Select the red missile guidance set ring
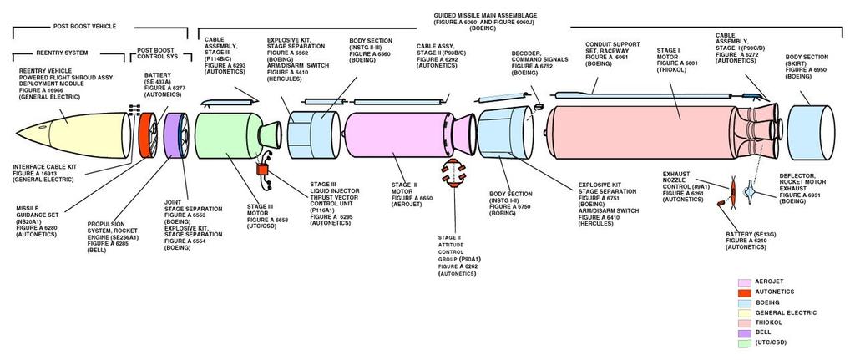pos(144,131)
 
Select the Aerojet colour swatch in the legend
pos(746,281)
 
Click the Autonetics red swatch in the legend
pos(746,291)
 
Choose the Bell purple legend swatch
pos(746,332)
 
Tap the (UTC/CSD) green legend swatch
pos(746,342)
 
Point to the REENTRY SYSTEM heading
pos(47,56)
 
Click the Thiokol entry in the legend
pos(777,322)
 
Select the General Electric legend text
pos(790,312)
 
